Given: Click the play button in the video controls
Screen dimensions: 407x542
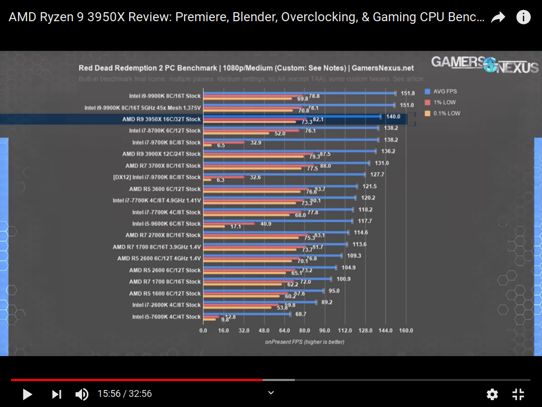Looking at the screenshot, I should [x=27, y=394].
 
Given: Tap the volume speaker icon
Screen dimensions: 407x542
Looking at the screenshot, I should [x=82, y=394].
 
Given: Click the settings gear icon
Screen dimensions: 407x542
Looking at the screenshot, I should [x=492, y=394].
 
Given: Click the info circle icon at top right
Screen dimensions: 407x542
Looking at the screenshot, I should [x=523, y=17].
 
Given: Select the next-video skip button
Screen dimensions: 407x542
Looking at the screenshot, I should [x=56, y=394].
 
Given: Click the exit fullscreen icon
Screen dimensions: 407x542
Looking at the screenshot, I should [x=518, y=394].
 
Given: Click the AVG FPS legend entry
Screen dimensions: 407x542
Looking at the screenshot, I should [x=444, y=91].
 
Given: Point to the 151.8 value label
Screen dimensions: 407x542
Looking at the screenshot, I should [x=408, y=93].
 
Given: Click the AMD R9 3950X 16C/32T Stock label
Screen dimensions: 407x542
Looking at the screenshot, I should [x=161, y=119].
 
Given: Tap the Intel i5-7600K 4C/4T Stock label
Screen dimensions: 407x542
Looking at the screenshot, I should [x=166, y=317].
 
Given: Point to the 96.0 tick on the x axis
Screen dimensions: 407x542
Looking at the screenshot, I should [x=324, y=330].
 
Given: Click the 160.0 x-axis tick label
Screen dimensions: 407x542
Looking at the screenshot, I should [x=406, y=330].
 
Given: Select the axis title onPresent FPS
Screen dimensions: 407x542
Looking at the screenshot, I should [x=304, y=342].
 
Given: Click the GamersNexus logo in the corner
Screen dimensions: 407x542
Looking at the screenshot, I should [x=484, y=64].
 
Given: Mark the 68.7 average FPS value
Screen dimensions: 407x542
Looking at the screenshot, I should [x=302, y=314].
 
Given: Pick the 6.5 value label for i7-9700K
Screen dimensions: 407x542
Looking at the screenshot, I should [x=222, y=145].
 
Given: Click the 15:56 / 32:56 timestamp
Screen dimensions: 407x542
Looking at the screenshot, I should [x=124, y=394].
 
